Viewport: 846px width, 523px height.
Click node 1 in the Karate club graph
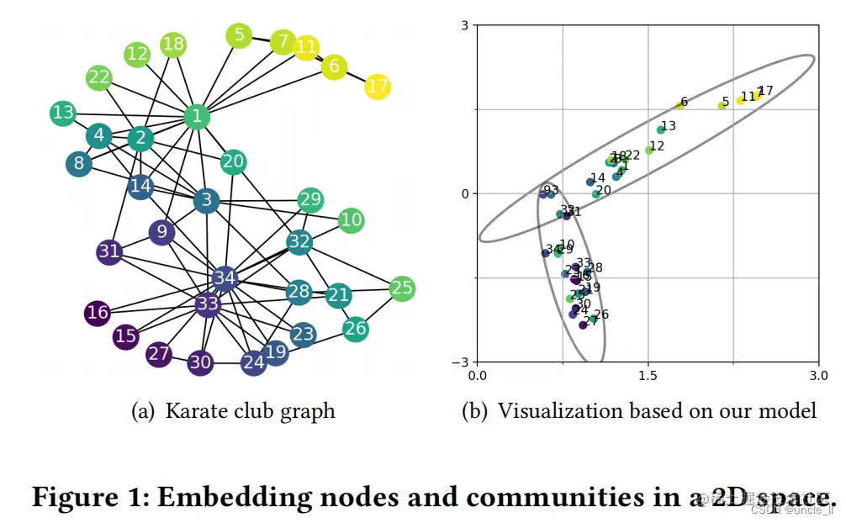pyautogui.click(x=197, y=116)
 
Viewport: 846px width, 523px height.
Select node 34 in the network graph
pyautogui.click(x=225, y=277)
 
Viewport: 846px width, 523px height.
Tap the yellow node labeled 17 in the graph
pyautogui.click(x=378, y=86)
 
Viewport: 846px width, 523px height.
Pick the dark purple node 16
pyautogui.click(x=98, y=313)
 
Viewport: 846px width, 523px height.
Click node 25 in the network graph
pyautogui.click(x=402, y=288)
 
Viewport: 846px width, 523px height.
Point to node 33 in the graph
pyautogui.click(x=208, y=304)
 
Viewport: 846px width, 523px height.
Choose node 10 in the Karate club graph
pyautogui.click(x=352, y=220)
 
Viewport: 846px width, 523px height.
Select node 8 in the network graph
pyautogui.click(x=79, y=163)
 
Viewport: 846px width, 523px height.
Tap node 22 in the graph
pyautogui.click(x=99, y=78)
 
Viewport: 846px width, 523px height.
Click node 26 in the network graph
pyautogui.click(x=356, y=327)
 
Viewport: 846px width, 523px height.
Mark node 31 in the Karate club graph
pyautogui.click(x=109, y=251)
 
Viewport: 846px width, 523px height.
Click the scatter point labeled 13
pyautogui.click(x=661, y=129)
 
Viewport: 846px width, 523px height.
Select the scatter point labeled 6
pyautogui.click(x=680, y=105)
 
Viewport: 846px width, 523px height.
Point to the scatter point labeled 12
pyautogui.click(x=649, y=150)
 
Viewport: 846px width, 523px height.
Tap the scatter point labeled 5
pyautogui.click(x=722, y=105)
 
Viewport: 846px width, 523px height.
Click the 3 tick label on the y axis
pyautogui.click(x=464, y=25)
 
